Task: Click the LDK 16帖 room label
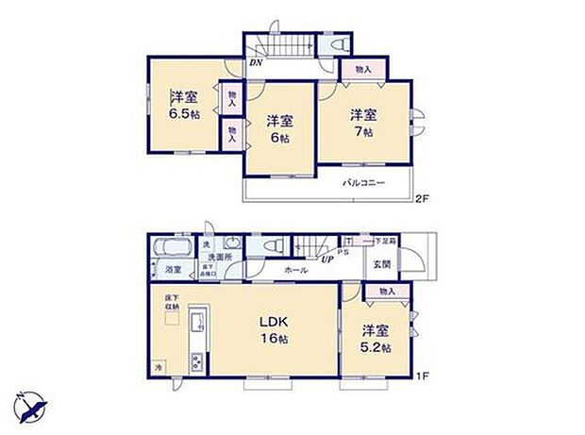tap(274, 328)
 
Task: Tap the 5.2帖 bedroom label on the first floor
tap(375, 339)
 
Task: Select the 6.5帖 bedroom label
tap(185, 105)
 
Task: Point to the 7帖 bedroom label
tap(363, 124)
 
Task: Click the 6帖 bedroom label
tap(278, 128)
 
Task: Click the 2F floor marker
tap(423, 197)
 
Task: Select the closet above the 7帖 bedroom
tap(363, 69)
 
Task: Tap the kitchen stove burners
tap(197, 362)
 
